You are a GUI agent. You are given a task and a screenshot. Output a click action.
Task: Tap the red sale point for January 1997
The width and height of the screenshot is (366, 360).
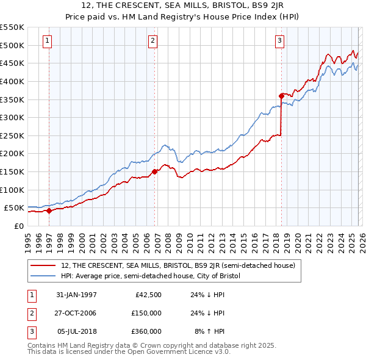coord(49,211)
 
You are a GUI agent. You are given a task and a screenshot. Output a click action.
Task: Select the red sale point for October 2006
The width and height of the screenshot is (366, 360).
coord(155,171)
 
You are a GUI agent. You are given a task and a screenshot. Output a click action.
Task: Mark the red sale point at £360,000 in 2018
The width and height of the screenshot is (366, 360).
coord(281,95)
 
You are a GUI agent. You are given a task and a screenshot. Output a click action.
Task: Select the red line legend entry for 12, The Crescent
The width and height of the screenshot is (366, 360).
coord(178,265)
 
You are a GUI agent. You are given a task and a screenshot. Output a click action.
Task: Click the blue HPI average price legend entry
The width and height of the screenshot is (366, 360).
coord(151,276)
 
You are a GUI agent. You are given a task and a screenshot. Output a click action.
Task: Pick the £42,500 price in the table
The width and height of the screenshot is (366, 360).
coord(147,295)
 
